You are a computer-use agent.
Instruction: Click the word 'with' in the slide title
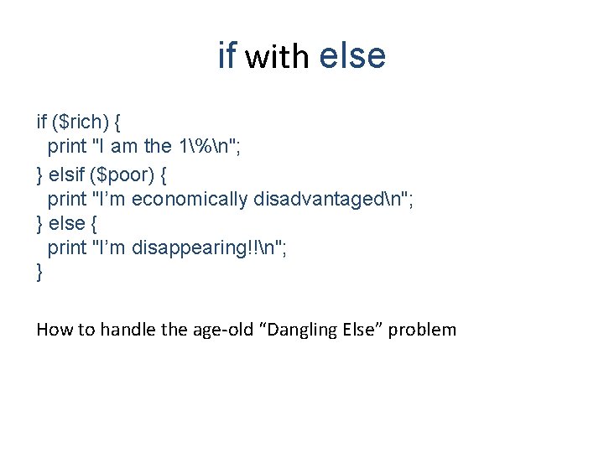click(277, 57)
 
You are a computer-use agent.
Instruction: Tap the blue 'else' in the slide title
click(352, 56)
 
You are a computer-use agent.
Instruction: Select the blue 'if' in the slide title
click(226, 56)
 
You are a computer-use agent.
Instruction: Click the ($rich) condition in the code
click(80, 122)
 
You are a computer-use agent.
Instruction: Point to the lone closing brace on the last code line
click(39, 272)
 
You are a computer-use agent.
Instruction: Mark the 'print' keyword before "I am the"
click(66, 147)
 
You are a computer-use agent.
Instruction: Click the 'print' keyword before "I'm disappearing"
click(66, 247)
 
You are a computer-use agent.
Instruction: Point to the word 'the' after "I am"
click(158, 146)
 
